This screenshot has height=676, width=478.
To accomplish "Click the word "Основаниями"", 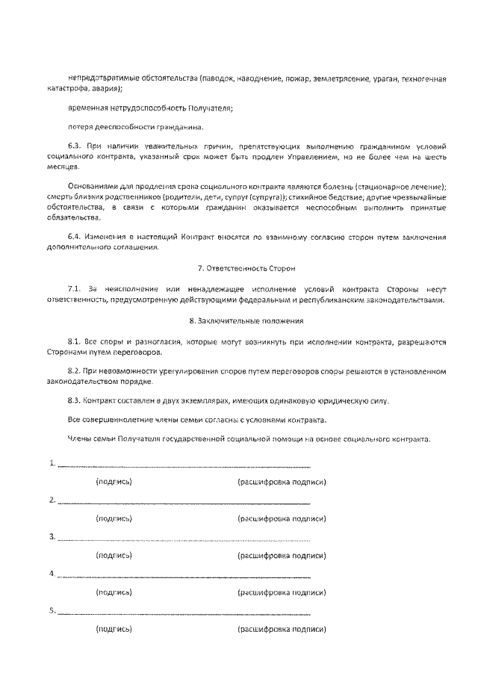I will point(91,184).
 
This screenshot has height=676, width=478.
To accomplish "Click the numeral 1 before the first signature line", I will point(52,463).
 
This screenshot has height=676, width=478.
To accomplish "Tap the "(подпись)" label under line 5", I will point(114,629).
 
